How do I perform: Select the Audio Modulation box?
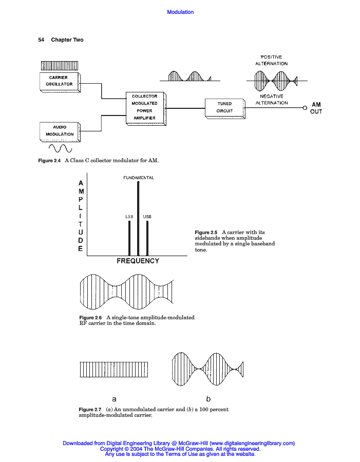pyautogui.click(x=60, y=131)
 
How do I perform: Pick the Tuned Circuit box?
pyautogui.click(x=224, y=107)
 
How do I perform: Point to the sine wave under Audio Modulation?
pyautogui.click(x=60, y=148)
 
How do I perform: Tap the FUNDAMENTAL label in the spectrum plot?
pyautogui.click(x=139, y=178)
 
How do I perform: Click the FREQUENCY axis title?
pyautogui.click(x=138, y=261)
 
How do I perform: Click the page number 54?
pyautogui.click(x=42, y=40)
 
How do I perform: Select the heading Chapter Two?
pyautogui.click(x=67, y=40)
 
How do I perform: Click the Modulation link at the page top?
pyautogui.click(x=180, y=12)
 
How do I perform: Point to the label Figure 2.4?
pyautogui.click(x=50, y=161)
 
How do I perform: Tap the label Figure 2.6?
pyautogui.click(x=90, y=318)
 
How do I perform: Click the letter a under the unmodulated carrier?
pyautogui.click(x=115, y=398)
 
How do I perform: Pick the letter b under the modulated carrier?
pyautogui.click(x=209, y=398)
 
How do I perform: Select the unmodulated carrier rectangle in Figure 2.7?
pyautogui.click(x=118, y=370)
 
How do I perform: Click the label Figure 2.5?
pyautogui.click(x=206, y=233)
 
